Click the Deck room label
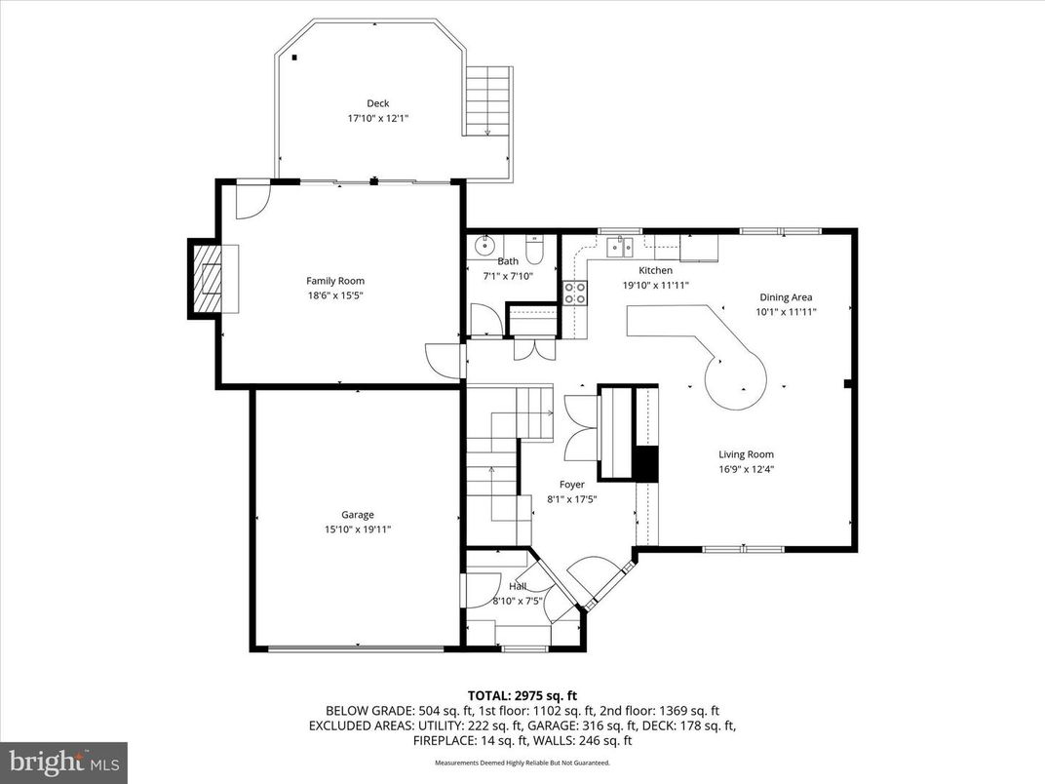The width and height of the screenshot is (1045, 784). coord(377,103)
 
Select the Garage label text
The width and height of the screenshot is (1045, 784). coord(357,515)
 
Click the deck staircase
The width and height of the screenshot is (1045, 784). coord(487,101)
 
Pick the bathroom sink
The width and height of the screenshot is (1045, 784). coord(484,246)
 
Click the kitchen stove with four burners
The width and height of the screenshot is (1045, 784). coord(575,293)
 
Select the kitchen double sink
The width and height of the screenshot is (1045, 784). coord(620,247)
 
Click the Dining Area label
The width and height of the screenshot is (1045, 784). coord(786,297)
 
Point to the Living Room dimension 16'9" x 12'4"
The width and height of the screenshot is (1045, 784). coord(746,469)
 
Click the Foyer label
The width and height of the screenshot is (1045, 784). coord(571,485)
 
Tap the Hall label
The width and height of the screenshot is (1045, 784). coord(517,586)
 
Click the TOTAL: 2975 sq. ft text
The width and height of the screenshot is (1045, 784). coord(522,695)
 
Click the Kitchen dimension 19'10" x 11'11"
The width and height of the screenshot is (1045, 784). coord(655,286)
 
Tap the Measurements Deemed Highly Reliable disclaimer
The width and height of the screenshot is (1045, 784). coord(522,763)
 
